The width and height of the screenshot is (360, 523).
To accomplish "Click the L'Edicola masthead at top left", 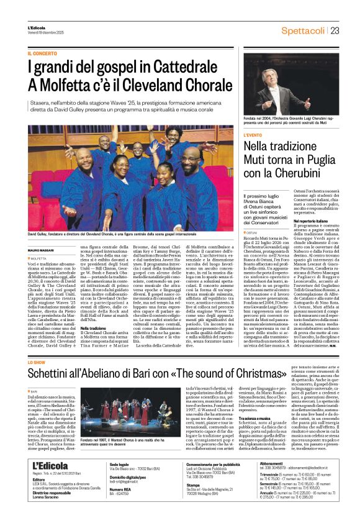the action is [37, 27].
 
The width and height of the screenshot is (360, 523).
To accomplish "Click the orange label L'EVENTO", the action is [253, 134].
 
